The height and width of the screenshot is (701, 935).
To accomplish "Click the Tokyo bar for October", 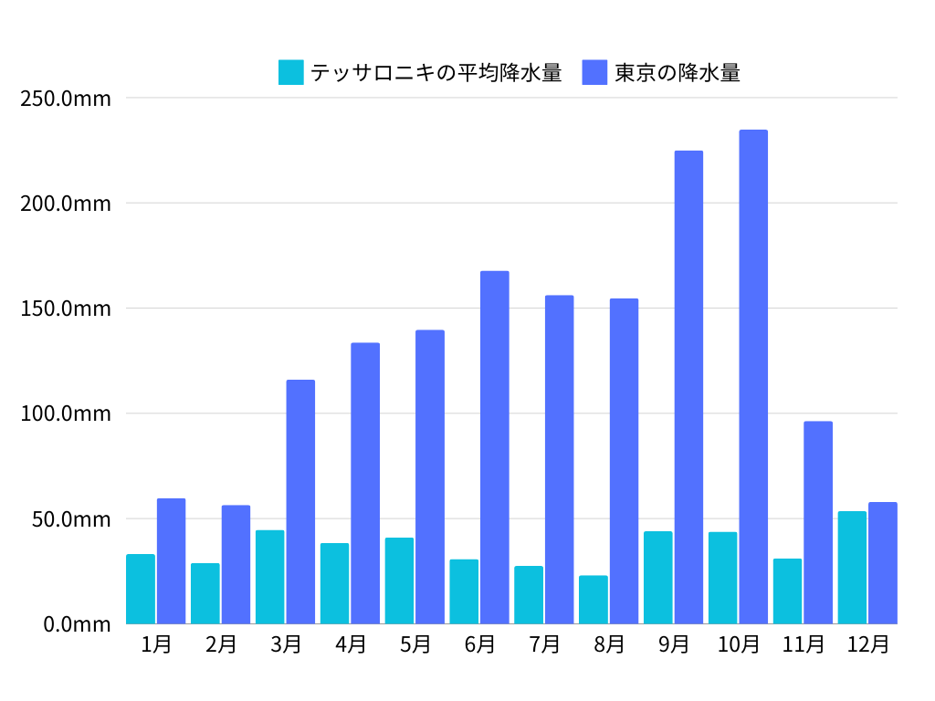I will point(753,377).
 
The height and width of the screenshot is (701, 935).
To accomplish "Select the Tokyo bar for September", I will point(688,387).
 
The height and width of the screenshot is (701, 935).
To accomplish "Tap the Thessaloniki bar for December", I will point(852,567).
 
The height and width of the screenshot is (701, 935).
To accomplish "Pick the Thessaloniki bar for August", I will point(593,599).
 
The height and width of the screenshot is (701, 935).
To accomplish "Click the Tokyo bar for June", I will point(495,447).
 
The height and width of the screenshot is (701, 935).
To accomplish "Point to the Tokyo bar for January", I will point(171,560).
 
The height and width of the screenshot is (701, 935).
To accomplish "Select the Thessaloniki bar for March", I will point(269,577).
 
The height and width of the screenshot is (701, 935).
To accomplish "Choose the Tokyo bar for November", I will point(818,522).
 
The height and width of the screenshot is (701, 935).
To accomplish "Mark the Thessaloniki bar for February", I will point(205,593).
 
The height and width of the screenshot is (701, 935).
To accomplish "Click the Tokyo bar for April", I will point(365,483).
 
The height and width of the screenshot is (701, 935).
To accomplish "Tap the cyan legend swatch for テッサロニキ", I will point(290,72).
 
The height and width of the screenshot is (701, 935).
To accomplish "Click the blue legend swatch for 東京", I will point(594,72).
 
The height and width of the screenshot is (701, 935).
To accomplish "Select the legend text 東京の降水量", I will point(677,72).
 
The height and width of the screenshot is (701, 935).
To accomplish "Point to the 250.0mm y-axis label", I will point(66,98).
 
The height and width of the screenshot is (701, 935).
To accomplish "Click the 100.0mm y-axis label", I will point(66,413).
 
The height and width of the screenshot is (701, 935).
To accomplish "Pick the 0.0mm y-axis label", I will point(76,624).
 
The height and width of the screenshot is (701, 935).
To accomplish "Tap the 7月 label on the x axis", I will point(544,644).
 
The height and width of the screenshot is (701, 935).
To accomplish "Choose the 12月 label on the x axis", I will point(867,644).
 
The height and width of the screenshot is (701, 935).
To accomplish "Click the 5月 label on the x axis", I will point(415,644).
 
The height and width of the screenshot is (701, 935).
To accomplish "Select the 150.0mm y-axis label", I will point(66,309).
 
